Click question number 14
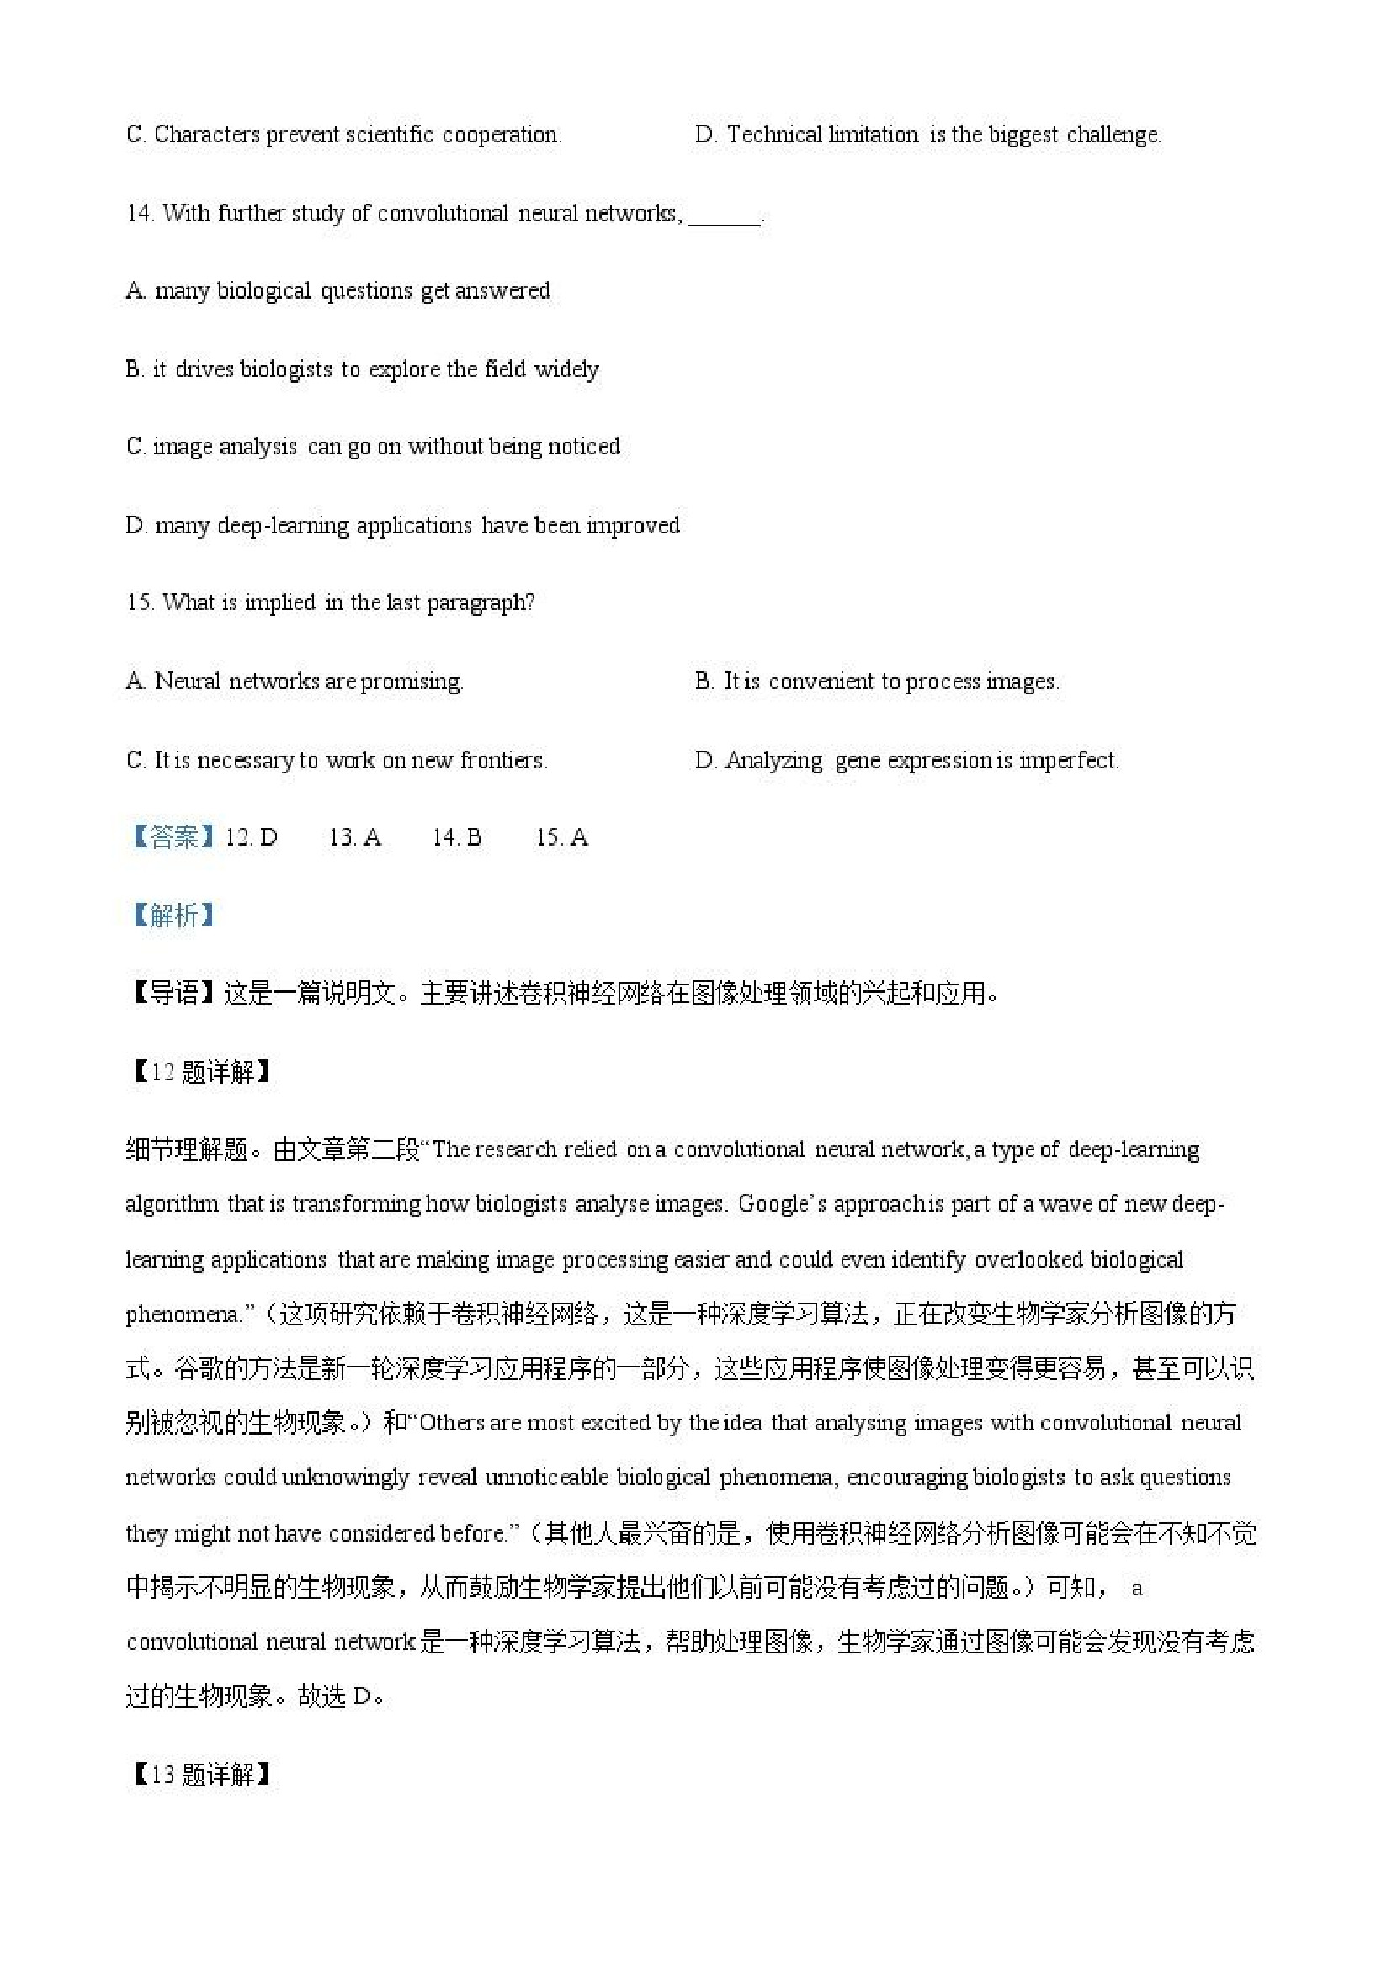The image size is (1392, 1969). click(x=139, y=213)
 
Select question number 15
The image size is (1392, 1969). click(x=139, y=602)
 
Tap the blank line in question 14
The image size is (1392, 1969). click(x=724, y=220)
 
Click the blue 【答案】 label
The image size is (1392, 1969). click(x=173, y=837)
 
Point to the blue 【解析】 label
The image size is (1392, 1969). click(x=173, y=916)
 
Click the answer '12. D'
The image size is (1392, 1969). click(x=252, y=837)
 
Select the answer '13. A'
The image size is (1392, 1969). click(x=355, y=837)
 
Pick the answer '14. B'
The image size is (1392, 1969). click(x=456, y=837)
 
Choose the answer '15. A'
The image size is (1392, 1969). click(x=562, y=837)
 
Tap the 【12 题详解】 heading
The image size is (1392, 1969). click(x=200, y=1072)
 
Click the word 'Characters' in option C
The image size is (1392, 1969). click(x=207, y=135)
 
